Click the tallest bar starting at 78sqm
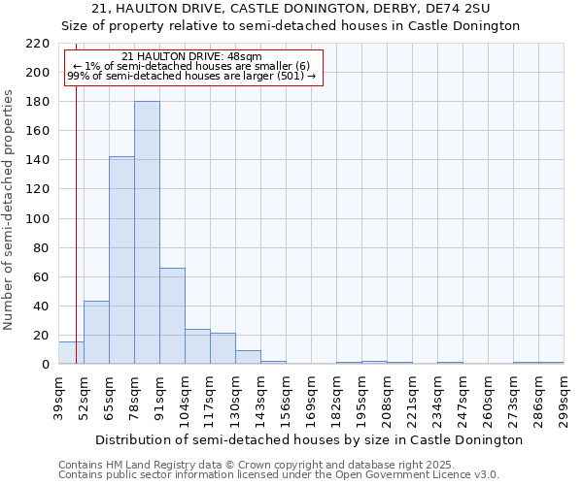(x=147, y=233)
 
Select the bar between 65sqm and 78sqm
(x=121, y=260)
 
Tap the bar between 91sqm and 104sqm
(x=172, y=316)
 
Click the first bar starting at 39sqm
(x=71, y=353)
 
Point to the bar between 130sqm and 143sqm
(x=248, y=357)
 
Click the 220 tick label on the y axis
(x=39, y=44)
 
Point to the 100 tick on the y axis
(x=39, y=219)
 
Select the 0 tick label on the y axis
(x=46, y=365)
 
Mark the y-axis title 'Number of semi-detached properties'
(x=10, y=209)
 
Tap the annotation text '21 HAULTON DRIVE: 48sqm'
(x=193, y=57)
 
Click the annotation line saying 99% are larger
(x=191, y=76)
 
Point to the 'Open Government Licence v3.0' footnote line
(x=279, y=475)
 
